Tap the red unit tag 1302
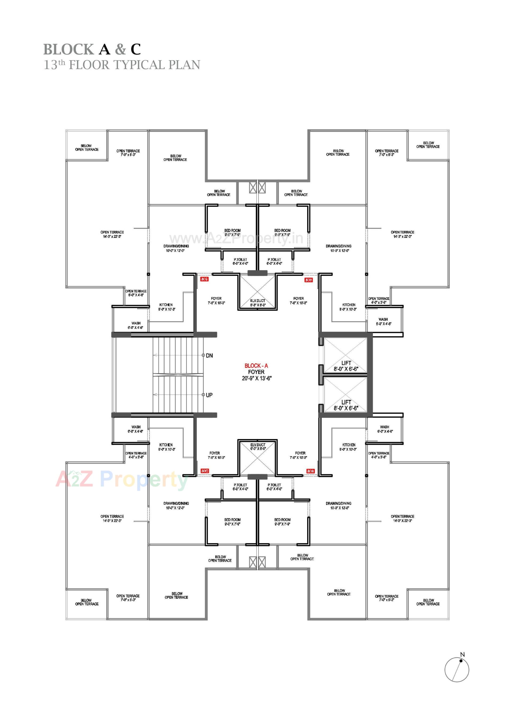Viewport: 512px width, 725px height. coord(309,280)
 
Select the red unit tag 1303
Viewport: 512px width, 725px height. coord(310,471)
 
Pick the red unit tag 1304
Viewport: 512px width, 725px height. coord(205,471)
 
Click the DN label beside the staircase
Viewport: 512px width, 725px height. coord(209,356)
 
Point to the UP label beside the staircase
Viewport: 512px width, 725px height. coord(209,395)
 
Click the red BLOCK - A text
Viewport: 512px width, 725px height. coord(256,366)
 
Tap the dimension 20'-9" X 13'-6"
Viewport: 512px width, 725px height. coord(257,378)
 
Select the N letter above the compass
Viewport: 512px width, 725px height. coord(462,655)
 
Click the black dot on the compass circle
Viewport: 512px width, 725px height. coord(461,661)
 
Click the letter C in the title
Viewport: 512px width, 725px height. coord(136,49)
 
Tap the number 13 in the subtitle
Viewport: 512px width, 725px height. coord(50,65)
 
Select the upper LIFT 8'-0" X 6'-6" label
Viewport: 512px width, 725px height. coord(346,366)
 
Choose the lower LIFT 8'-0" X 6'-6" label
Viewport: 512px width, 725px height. coord(346,405)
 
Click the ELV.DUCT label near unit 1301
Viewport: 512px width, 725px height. coord(258,303)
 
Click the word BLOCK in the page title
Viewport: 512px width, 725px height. coord(69,49)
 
